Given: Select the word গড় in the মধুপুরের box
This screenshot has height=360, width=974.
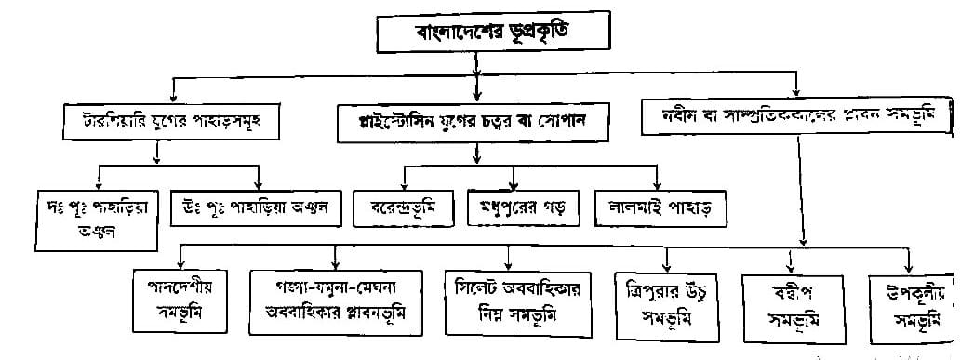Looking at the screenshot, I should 556,206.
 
